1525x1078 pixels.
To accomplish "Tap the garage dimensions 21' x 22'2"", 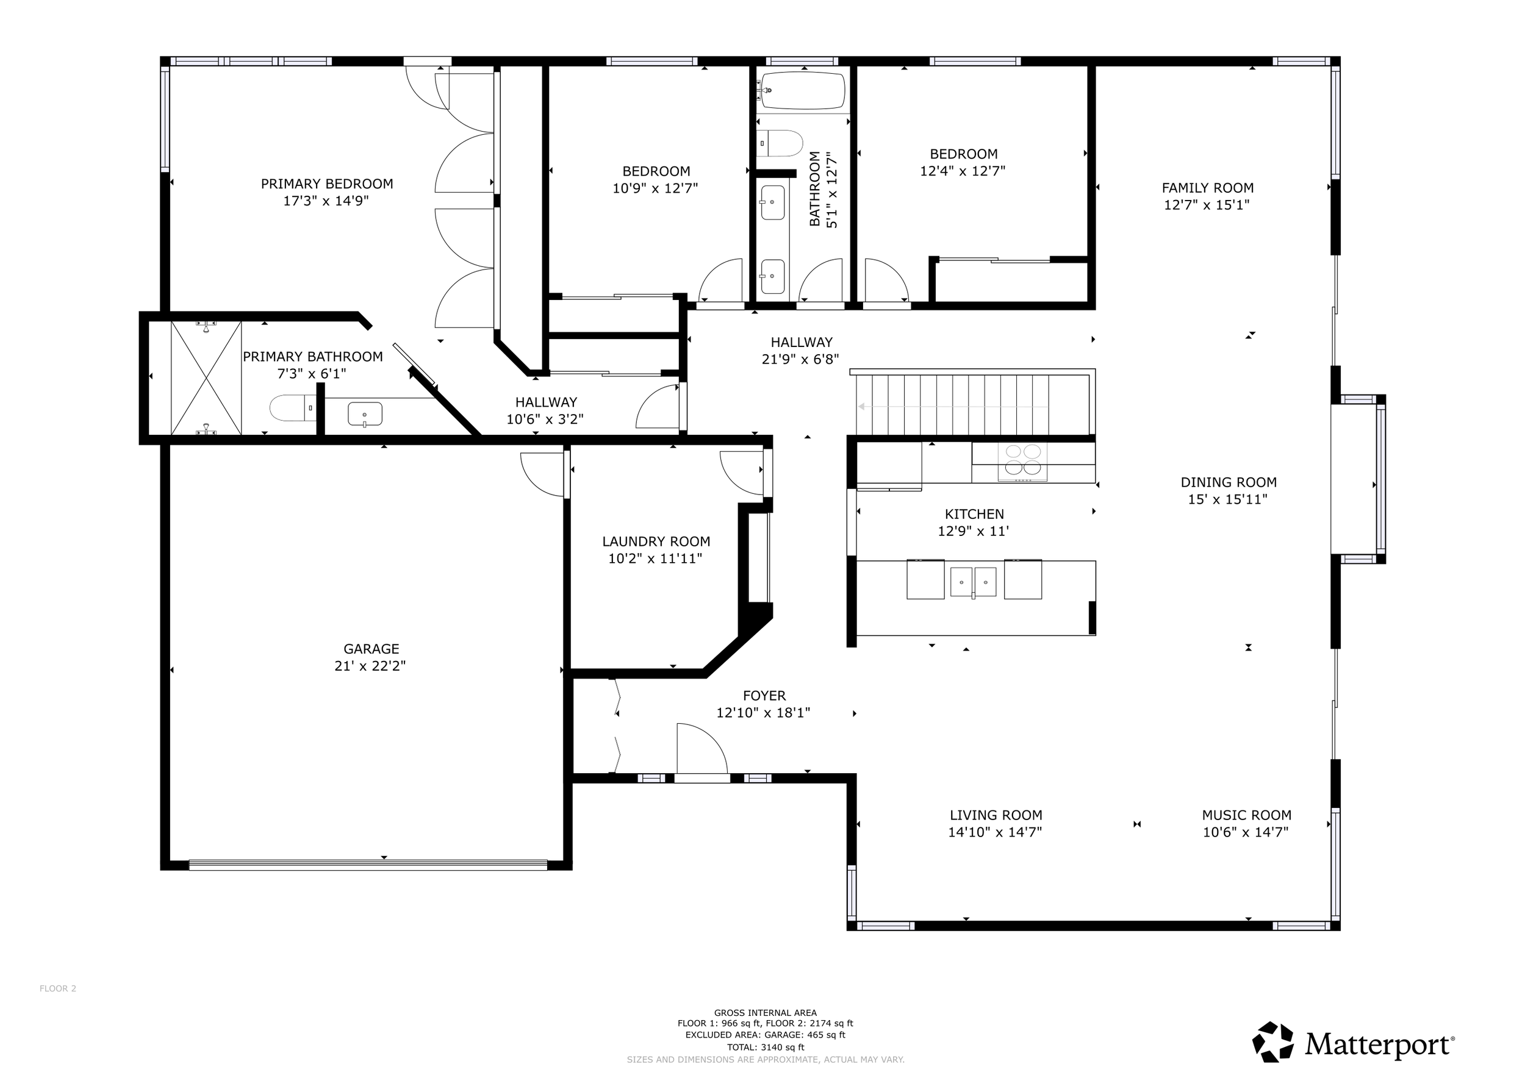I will [x=370, y=666].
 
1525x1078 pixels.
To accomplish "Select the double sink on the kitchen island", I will [x=973, y=582].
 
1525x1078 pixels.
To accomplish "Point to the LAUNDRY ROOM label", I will [x=656, y=541].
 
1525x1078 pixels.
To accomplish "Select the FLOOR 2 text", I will [x=58, y=988].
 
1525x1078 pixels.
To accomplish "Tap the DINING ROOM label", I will [x=1228, y=482].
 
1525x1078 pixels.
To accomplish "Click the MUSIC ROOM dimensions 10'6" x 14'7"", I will [x=1246, y=832].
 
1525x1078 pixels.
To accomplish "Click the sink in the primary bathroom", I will [x=365, y=414].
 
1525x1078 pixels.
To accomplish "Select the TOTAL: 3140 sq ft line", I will [x=765, y=1047].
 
